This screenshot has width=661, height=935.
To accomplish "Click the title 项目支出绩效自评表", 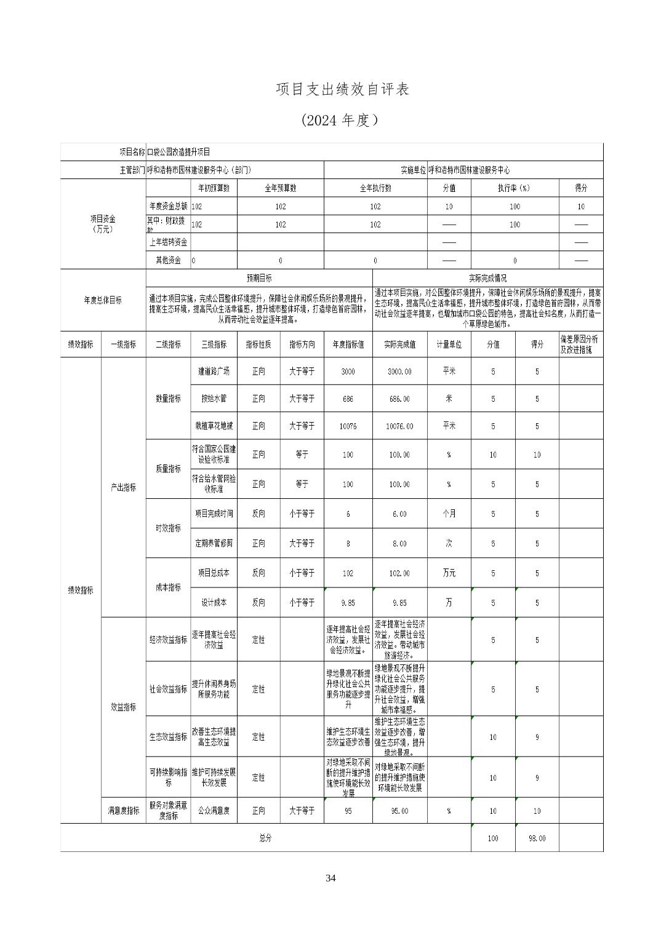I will [x=342, y=90].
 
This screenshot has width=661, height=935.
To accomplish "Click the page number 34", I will [x=330, y=878].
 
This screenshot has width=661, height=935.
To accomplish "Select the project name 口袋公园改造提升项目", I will [x=178, y=152].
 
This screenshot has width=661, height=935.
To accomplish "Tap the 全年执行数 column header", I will [x=375, y=188].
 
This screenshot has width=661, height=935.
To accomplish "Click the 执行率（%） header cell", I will [x=515, y=188].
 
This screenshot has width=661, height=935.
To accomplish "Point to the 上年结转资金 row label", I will [x=168, y=242].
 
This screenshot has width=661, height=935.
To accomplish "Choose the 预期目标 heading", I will [x=259, y=278].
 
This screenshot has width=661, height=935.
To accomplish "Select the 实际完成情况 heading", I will [x=487, y=278].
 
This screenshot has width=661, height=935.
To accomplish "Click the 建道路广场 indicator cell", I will [x=214, y=372].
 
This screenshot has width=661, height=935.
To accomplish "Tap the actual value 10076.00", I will [x=399, y=426].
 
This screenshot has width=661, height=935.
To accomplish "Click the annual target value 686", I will [x=348, y=399].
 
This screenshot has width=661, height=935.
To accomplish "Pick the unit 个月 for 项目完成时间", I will [x=449, y=514].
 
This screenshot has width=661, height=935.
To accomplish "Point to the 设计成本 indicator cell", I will [x=214, y=603].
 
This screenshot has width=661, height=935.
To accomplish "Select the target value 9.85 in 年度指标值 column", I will [x=348, y=603].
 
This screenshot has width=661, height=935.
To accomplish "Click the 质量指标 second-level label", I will [x=168, y=469].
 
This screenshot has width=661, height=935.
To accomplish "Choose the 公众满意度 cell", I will [x=214, y=811].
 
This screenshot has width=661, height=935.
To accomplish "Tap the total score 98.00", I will [x=537, y=838].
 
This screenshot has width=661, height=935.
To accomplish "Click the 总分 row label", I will [x=265, y=838].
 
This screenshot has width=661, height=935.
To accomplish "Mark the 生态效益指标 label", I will [x=168, y=736].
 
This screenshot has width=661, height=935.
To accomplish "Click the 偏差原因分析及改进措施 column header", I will [x=580, y=344].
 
